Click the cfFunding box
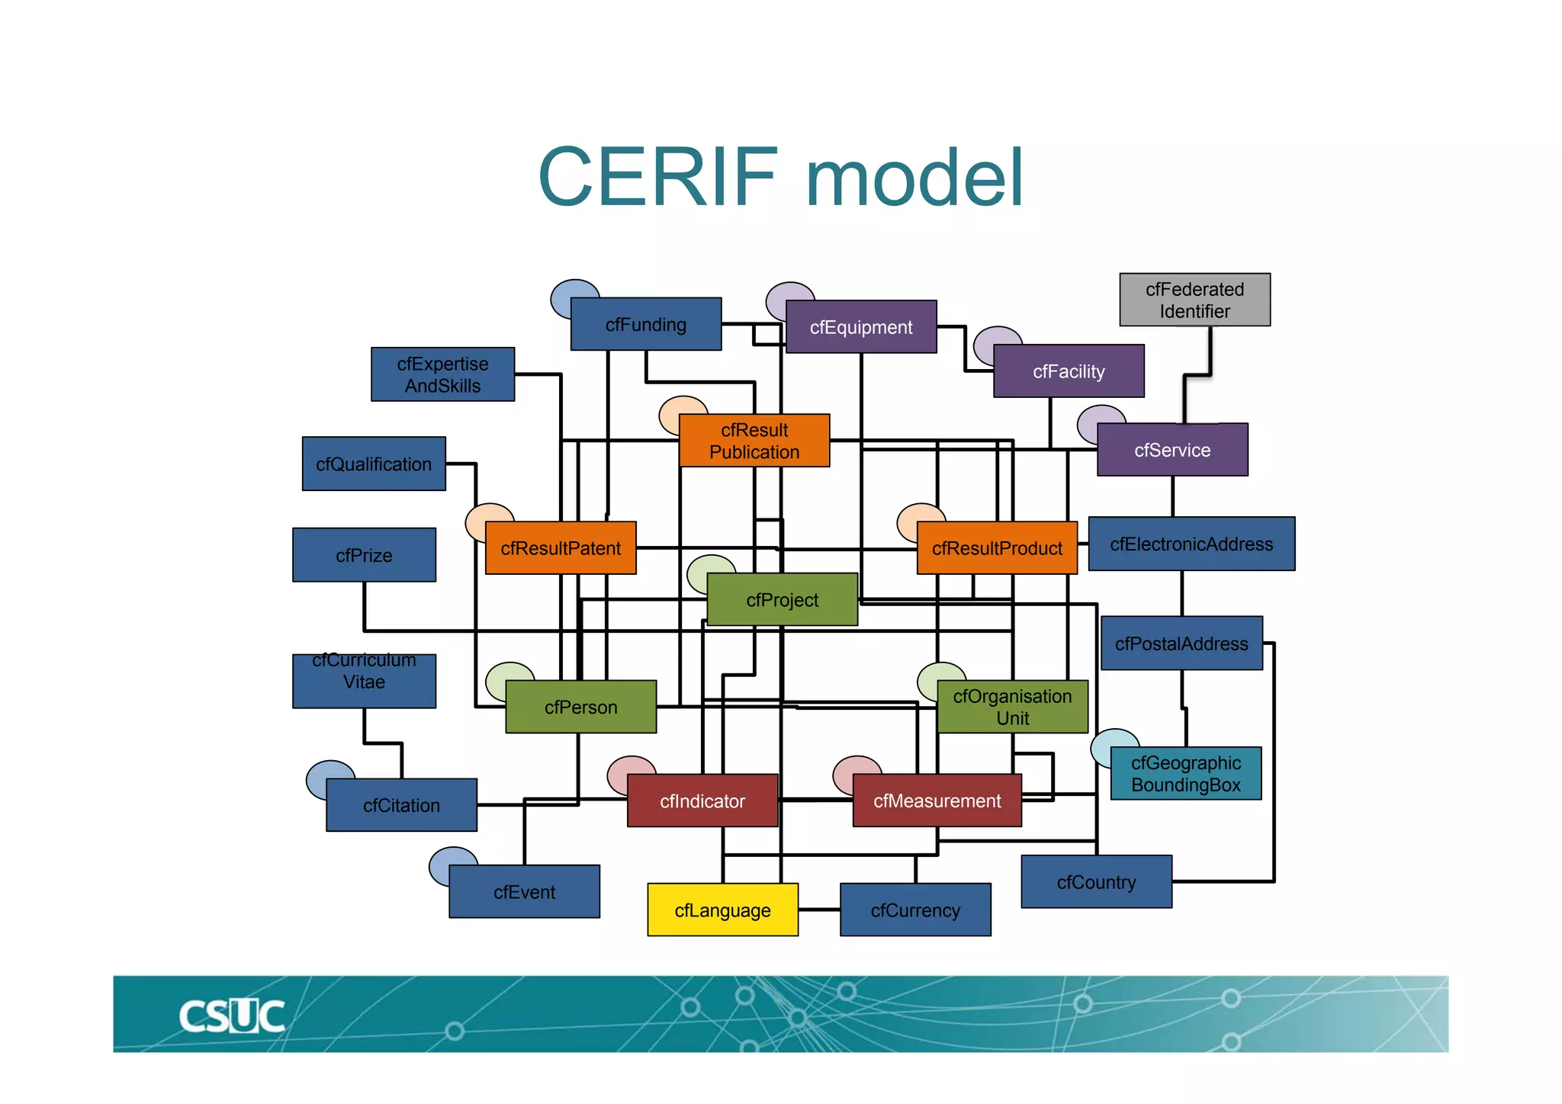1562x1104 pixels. [x=645, y=324]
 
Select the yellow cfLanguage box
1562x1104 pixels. [x=722, y=910]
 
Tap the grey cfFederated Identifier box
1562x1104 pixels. [x=1194, y=300]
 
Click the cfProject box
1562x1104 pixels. [x=782, y=600]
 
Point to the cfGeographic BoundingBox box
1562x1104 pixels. [x=1185, y=773]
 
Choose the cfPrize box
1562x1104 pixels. [x=364, y=555]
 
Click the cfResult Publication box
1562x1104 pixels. [x=754, y=441]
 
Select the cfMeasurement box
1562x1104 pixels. [x=937, y=801]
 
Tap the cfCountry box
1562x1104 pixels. [x=1096, y=882]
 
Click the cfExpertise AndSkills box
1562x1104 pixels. [x=442, y=374]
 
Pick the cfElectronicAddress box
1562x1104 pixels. [x=1191, y=544]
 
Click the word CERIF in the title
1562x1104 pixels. [x=657, y=177]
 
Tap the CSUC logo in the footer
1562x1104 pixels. [x=231, y=1016]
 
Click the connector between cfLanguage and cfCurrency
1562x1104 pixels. [x=819, y=910]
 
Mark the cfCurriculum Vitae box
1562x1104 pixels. [x=364, y=681]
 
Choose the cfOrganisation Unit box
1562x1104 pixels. [x=1012, y=707]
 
